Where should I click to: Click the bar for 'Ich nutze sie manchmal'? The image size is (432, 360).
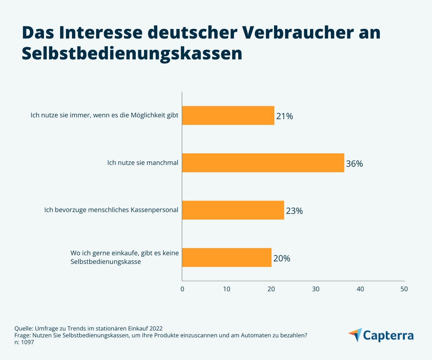[263, 163]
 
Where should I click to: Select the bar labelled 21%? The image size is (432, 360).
[228, 116]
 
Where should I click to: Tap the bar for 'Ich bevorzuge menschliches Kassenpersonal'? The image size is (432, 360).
[233, 210]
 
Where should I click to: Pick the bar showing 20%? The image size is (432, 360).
[226, 257]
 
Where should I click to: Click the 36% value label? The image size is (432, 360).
[354, 164]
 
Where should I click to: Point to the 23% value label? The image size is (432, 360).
[294, 211]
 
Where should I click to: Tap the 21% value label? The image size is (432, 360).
[284, 116]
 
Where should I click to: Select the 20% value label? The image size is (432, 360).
[282, 258]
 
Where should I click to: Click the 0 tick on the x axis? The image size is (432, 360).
[182, 289]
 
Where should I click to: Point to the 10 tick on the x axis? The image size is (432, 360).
[226, 289]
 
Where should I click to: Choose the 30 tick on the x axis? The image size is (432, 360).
[316, 289]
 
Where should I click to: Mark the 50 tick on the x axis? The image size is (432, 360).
[404, 289]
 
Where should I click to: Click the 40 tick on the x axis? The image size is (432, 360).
[360, 289]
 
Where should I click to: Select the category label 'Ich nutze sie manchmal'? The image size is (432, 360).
[143, 163]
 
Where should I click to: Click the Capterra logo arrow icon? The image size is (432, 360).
[355, 334]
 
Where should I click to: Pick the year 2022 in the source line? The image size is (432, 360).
[156, 328]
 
